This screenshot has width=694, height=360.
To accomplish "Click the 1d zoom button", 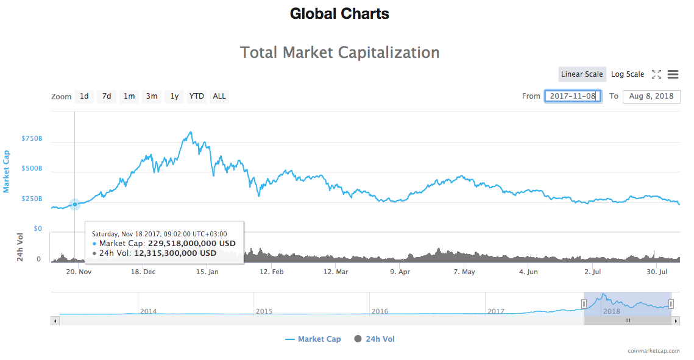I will coord(84,96).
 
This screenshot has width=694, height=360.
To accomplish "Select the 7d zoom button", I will coord(107,96).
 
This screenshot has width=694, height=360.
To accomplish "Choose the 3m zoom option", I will coord(151,96).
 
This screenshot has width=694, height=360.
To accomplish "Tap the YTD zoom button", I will coord(196,96).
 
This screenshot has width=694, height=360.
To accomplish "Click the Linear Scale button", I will coord(582,74).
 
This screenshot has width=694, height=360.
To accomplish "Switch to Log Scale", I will coord(627,74).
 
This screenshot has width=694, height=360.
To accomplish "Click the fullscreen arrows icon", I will coord(656,74).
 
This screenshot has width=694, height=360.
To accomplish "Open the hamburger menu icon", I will coord(673,74).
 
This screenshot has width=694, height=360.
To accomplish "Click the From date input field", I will coord(573,96).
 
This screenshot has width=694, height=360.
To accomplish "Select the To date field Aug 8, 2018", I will coord(651,96).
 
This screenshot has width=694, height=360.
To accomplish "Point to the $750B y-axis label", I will coord(32,139).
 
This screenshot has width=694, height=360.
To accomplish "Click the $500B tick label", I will coord(32,169).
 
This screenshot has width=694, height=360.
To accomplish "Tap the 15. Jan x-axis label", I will coord(207,272).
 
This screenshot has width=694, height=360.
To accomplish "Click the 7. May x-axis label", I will coord(464,272).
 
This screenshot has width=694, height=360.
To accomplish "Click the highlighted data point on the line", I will coord(75,205).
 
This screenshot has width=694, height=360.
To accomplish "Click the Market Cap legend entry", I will coord(313,339).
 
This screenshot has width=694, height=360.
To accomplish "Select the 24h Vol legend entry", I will coord(374,339).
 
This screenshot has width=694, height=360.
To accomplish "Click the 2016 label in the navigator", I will coord(380,311).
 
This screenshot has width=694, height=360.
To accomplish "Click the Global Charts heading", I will coord(339,13).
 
